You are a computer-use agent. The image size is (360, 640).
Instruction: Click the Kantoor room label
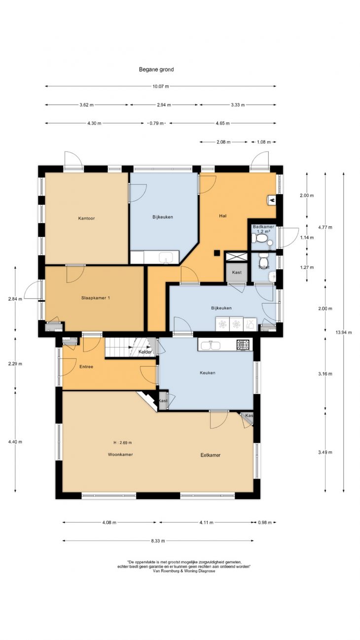tap(86, 218)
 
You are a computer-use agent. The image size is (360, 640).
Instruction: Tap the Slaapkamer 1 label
tap(96, 298)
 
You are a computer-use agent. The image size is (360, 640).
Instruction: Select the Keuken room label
tap(208, 373)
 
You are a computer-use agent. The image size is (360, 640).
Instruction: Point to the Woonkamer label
tap(120, 454)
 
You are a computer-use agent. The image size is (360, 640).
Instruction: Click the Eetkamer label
tap(210, 455)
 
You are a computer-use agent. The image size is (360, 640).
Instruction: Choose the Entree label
tap(86, 366)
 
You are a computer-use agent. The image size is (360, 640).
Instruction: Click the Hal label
tap(222, 216)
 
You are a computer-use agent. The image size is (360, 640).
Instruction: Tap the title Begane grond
tap(156, 69)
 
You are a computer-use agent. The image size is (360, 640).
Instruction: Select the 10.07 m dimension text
tap(161, 86)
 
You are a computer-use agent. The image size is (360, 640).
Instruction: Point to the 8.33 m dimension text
tap(158, 540)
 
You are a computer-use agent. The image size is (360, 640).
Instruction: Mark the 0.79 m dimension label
tap(156, 123)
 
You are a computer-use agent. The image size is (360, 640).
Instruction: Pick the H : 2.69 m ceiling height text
tap(123, 443)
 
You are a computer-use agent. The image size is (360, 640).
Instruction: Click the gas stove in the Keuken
tap(243, 345)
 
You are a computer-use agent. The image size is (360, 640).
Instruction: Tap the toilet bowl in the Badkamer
tap(261, 238)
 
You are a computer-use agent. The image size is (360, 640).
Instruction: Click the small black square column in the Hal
tap(217, 253)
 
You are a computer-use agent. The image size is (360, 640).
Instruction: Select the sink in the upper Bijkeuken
tap(165, 258)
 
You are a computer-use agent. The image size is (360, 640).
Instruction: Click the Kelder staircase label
tap(145, 352)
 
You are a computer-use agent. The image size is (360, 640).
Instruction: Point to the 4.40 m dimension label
tap(15, 441)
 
